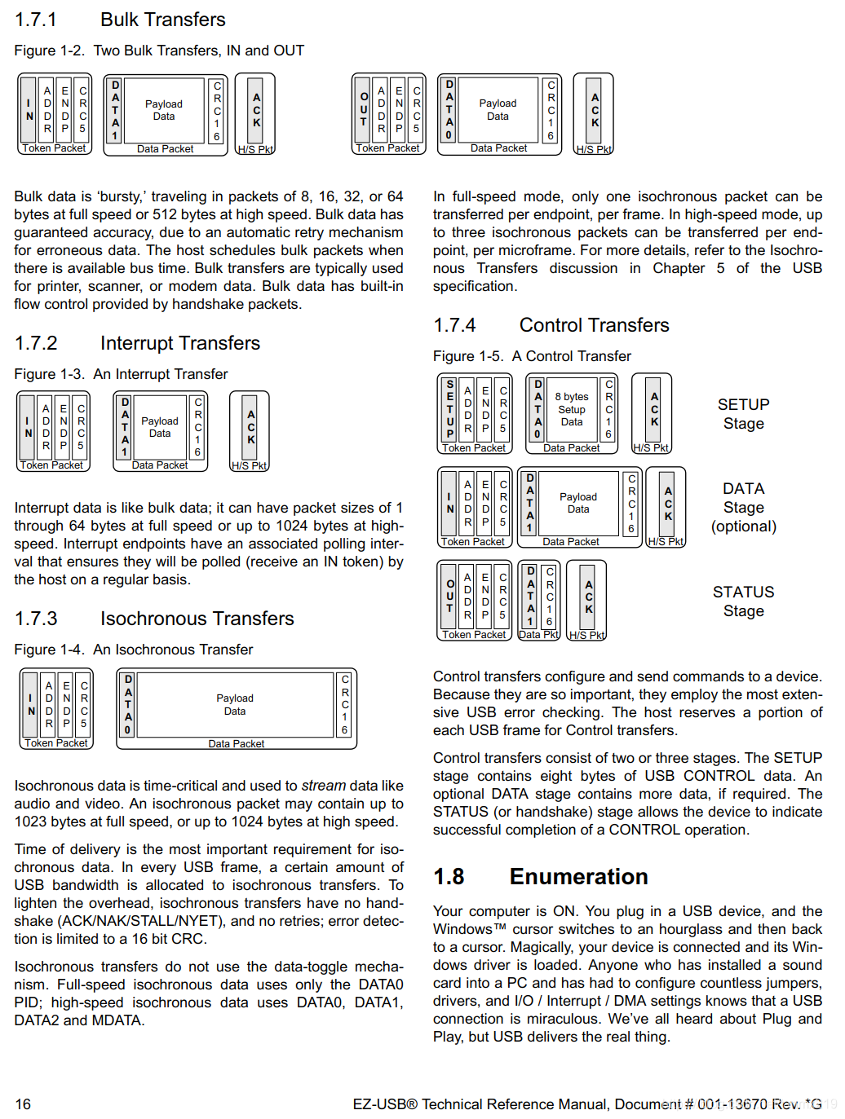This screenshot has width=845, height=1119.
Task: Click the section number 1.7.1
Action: click(x=36, y=20)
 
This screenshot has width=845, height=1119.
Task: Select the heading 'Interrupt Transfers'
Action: click(x=180, y=343)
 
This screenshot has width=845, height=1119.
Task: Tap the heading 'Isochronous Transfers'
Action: click(x=197, y=619)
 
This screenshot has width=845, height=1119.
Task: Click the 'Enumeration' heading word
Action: click(x=578, y=876)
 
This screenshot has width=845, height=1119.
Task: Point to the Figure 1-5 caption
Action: click(x=532, y=356)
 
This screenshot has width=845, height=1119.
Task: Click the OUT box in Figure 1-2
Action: click(x=364, y=109)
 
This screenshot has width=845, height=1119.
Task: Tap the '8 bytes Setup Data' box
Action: click(x=572, y=409)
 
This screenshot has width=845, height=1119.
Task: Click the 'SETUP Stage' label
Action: click(x=743, y=414)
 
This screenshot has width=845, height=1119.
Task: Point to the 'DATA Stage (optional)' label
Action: click(x=743, y=507)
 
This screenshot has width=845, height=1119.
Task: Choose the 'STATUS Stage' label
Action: click(x=743, y=601)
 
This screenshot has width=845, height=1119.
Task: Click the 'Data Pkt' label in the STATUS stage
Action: click(x=539, y=635)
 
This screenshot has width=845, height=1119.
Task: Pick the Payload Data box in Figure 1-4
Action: click(x=235, y=704)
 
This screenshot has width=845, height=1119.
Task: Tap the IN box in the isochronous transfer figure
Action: click(x=31, y=704)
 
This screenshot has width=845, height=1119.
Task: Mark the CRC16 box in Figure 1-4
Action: click(x=345, y=704)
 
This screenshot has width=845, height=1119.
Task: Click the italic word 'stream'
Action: click(x=324, y=786)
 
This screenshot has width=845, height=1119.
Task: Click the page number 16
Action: click(x=23, y=1104)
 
